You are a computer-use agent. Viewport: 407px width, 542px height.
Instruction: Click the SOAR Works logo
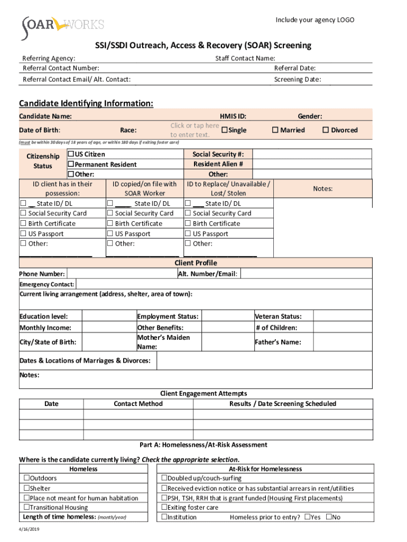tap(62, 28)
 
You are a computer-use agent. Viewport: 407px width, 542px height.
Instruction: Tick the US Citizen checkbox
tap(70, 155)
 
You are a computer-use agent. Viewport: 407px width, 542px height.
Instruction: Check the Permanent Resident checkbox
tap(70, 165)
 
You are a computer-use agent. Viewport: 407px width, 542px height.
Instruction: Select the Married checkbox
tap(275, 130)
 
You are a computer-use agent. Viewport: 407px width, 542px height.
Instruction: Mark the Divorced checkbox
tap(326, 130)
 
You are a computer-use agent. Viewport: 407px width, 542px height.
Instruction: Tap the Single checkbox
tap(224, 130)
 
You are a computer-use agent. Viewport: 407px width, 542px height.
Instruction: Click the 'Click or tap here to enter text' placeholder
tap(194, 130)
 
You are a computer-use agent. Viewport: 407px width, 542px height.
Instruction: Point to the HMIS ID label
tap(233, 116)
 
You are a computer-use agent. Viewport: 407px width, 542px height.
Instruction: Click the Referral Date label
tap(294, 68)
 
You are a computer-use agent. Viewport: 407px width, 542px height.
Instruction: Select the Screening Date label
tap(297, 80)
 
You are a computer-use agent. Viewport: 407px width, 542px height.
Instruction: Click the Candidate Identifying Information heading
tap(86, 104)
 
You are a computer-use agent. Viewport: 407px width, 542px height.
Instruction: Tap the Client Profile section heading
tap(196, 263)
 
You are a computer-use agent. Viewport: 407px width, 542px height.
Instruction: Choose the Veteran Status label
tap(278, 317)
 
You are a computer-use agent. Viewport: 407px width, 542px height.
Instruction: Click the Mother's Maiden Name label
tap(163, 342)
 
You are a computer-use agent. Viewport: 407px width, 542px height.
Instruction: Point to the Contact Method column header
tap(138, 404)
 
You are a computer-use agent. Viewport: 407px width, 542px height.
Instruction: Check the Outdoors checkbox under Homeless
tap(26, 478)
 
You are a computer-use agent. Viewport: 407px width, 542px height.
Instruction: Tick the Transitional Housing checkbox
tap(26, 508)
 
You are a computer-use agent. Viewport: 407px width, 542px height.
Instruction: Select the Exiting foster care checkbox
tap(164, 508)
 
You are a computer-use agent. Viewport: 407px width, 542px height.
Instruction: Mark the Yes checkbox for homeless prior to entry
tap(308, 517)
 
